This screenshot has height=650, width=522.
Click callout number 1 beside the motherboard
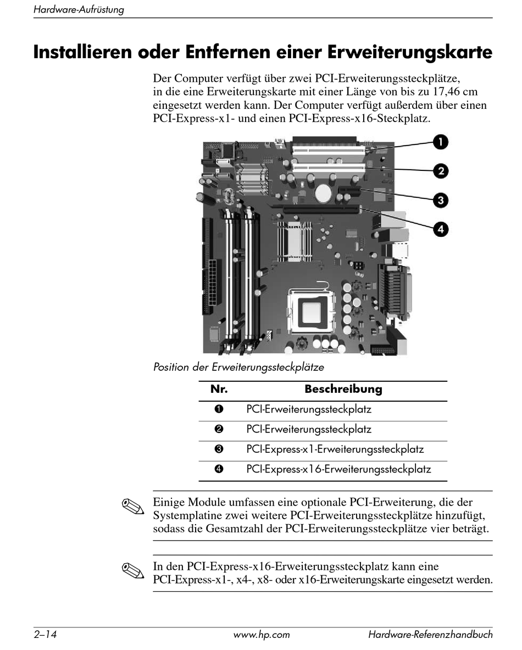[440, 143]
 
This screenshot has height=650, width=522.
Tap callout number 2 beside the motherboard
[440, 171]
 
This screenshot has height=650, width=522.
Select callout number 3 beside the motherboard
[440, 199]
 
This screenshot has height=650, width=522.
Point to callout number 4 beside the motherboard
[440, 229]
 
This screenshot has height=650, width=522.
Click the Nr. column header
[219, 390]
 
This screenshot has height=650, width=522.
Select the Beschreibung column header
[343, 390]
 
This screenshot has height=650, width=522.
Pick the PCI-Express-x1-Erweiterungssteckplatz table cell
[335, 449]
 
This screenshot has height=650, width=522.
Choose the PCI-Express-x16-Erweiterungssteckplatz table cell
[338, 469]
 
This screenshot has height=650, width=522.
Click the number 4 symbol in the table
[219, 469]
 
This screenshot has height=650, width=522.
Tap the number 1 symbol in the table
[219, 409]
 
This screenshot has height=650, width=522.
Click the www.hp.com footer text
[262, 635]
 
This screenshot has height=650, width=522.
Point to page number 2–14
[46, 635]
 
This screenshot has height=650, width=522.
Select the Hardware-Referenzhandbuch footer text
[430, 635]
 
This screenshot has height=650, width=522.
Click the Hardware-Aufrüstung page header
[79, 10]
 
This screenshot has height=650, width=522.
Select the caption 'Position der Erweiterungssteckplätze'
[238, 366]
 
